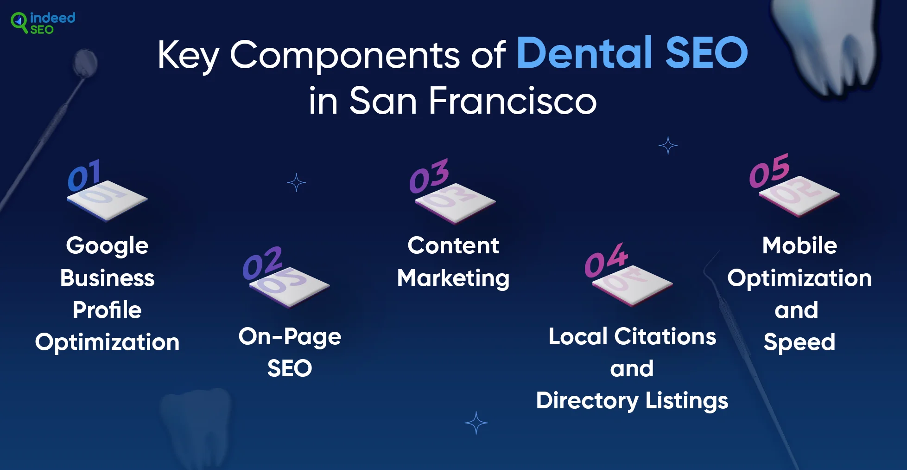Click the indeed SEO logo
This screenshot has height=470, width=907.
coord(43,23)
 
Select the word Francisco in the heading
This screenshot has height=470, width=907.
coord(513,100)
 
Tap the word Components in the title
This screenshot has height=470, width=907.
coord(345,55)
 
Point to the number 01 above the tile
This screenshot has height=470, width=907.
coord(84,175)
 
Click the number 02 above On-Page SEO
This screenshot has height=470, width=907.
coord(262,263)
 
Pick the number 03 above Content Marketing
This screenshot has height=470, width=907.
coord(429,176)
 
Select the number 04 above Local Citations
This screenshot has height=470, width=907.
coord(606,260)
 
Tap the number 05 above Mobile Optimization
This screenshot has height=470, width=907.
coord(769,171)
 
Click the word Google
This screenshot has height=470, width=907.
coord(107,246)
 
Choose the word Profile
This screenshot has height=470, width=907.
coord(107,309)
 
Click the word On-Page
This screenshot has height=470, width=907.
coord(290,337)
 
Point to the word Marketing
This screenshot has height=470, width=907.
coord(453,278)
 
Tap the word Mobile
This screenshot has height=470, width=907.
coord(799,245)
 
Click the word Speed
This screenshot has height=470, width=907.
coord(799,342)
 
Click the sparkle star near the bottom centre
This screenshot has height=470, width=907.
coord(476,423)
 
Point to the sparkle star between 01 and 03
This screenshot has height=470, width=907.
coord(296,183)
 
